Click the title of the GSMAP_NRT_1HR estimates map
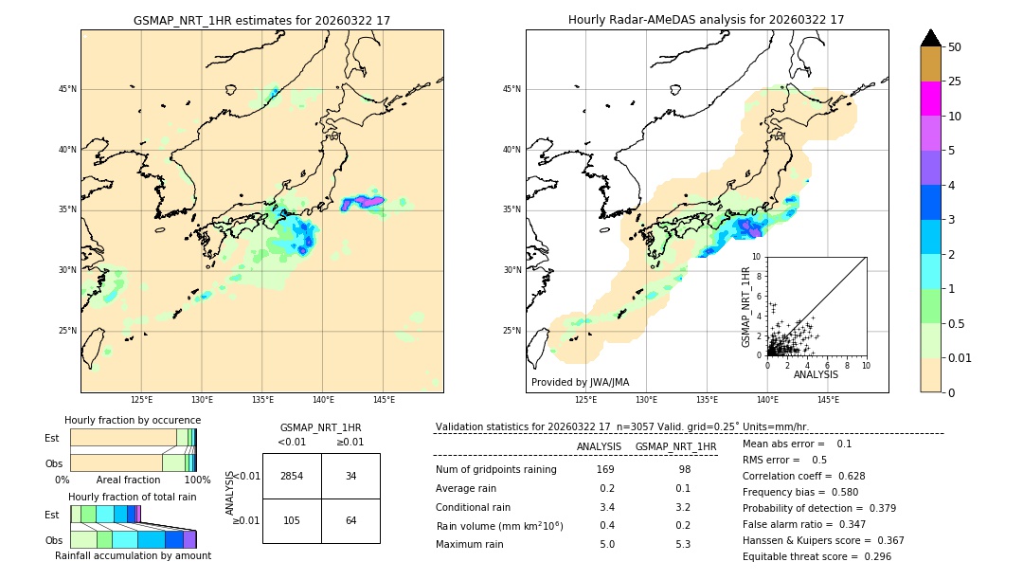261,20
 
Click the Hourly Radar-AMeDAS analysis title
707,20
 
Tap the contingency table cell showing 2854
292,476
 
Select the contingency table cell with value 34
350,476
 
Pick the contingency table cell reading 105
292,520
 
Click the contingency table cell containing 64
350,520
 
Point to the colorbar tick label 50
955,47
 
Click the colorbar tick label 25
955,82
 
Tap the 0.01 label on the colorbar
960,357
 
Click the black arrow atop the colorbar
931,38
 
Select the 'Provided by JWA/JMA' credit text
580,383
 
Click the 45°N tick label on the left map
67,90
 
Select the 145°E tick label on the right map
828,400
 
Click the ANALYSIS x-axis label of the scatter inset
816,374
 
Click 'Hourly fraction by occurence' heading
133,420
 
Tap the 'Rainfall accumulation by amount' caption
133,556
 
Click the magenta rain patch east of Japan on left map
364,202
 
